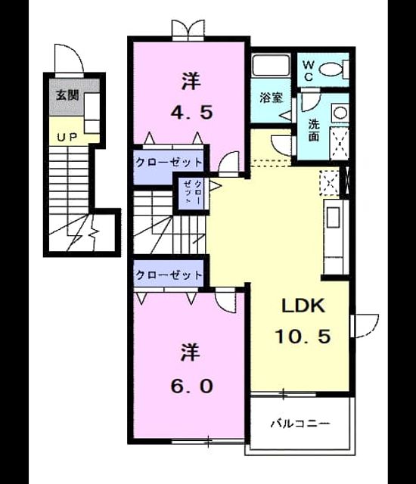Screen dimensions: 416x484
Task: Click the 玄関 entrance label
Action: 67,95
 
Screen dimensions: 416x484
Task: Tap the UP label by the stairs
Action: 67,137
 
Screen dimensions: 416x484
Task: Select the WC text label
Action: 309,70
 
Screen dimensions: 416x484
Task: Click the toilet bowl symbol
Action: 330,69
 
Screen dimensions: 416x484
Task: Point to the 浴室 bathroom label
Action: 271,98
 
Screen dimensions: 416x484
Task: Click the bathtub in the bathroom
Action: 271,65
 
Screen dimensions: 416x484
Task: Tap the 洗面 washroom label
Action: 314,130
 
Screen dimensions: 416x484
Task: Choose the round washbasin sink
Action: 340,113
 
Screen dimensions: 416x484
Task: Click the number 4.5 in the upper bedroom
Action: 191,113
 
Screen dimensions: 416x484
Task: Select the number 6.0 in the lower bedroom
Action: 191,386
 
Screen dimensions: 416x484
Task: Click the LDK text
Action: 303,306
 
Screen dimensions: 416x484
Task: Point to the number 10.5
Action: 303,336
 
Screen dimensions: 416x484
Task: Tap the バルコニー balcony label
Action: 300,423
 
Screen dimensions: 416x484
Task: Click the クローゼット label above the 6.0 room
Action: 169,275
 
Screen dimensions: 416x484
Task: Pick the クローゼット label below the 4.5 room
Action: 169,162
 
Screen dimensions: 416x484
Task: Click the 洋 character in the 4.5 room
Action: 191,81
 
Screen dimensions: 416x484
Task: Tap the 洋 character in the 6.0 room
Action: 191,352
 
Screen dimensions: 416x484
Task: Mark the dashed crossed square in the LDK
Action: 330,183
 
